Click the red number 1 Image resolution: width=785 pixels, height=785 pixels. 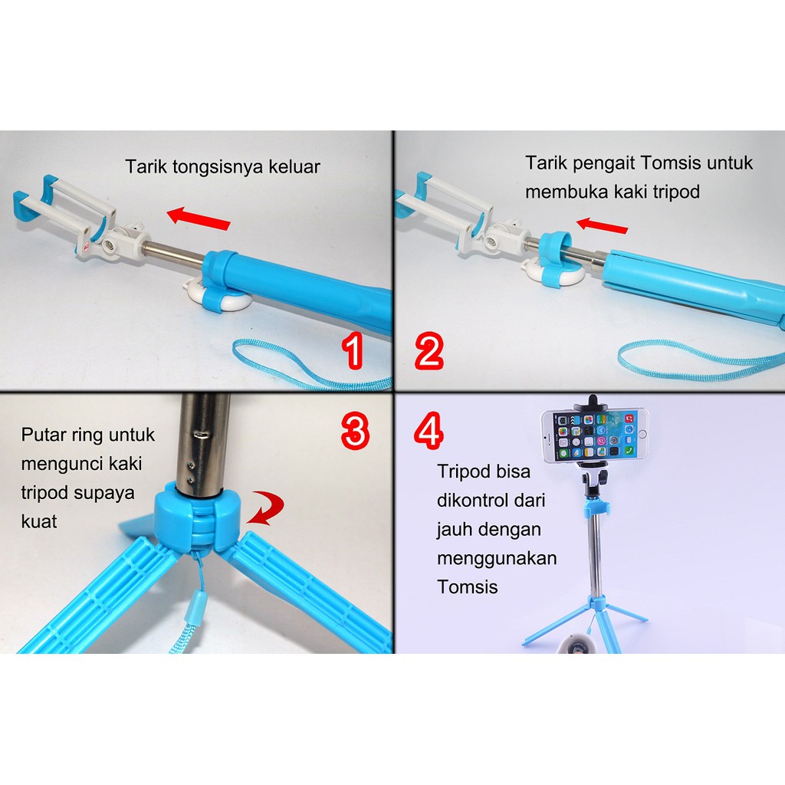(354, 351)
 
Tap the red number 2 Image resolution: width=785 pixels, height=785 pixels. (429, 351)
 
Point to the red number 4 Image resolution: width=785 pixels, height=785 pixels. (429, 430)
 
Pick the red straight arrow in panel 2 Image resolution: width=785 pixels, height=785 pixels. (603, 225)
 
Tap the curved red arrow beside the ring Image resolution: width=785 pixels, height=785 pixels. (266, 507)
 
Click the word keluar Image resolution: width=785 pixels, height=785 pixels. (294, 166)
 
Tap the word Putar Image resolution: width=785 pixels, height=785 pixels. (43, 435)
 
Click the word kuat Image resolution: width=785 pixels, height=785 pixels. (39, 521)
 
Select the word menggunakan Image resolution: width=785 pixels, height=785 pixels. (497, 559)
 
